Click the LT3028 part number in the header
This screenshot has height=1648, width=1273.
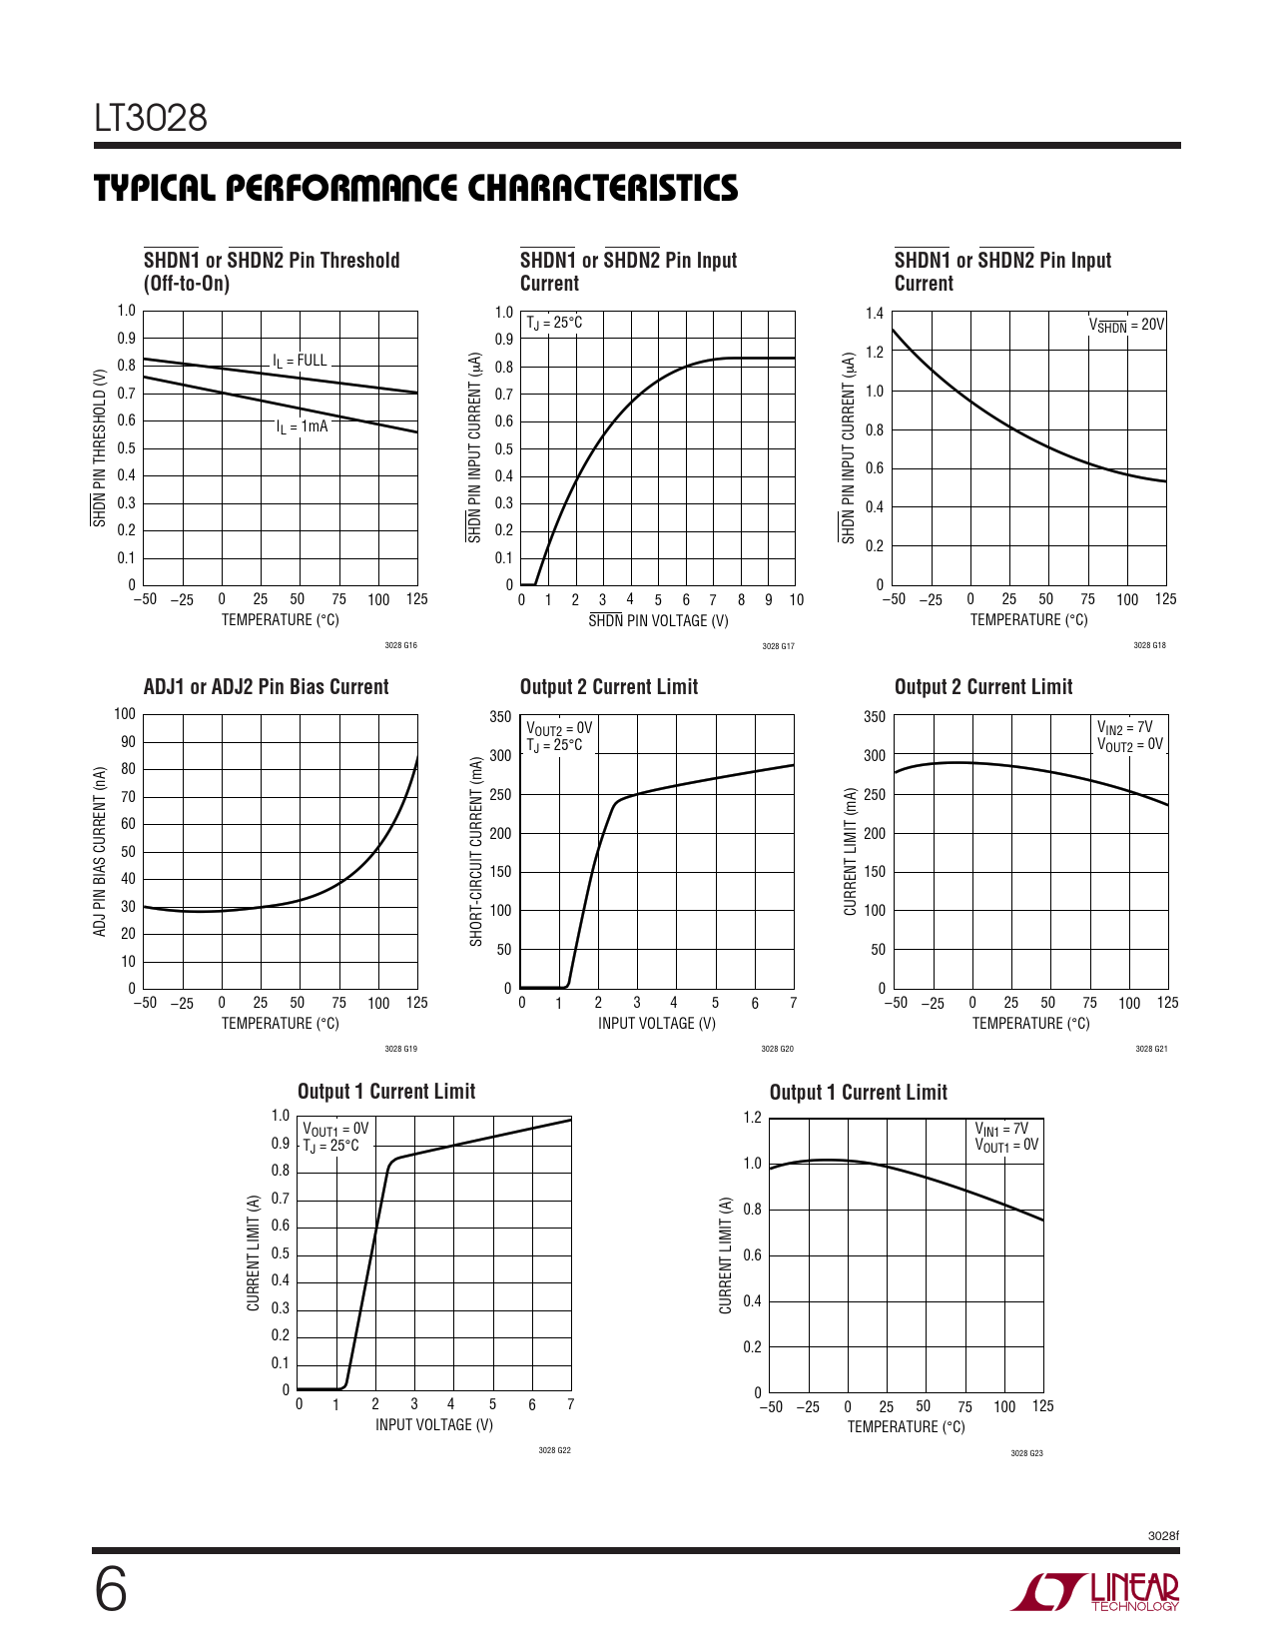[151, 118]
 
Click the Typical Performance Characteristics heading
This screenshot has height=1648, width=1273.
[415, 188]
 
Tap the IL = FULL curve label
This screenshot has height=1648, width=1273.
[300, 361]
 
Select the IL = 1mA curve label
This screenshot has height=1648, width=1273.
[302, 426]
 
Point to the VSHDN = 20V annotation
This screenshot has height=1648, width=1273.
[1125, 325]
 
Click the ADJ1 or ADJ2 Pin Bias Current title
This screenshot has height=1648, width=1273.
[266, 687]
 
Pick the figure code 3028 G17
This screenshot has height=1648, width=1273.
[778, 647]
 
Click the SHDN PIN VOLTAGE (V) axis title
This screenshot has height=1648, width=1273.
[658, 621]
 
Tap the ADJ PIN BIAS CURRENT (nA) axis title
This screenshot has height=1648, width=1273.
[100, 852]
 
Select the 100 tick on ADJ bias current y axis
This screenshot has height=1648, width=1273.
[125, 714]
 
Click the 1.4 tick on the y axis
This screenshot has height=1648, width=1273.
[875, 314]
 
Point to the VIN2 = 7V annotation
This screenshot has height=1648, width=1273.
[1125, 728]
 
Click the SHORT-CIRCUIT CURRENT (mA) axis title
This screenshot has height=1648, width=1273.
[476, 851]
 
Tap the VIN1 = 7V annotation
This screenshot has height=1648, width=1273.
[1001, 1129]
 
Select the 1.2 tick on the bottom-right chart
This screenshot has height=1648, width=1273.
[752, 1118]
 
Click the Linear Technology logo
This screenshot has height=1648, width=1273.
[1095, 1592]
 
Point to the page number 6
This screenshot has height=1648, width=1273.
[111, 1590]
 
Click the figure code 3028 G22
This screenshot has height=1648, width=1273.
[554, 1450]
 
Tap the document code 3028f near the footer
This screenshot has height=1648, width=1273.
[1163, 1535]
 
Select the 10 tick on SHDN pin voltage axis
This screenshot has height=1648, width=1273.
[796, 600]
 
